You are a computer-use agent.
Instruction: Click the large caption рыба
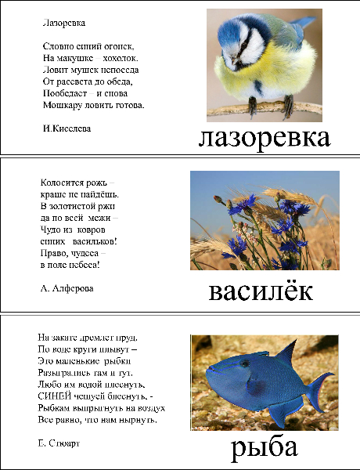[264, 448]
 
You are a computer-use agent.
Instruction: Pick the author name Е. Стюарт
[59, 443]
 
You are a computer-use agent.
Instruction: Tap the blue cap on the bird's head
[235, 27]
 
